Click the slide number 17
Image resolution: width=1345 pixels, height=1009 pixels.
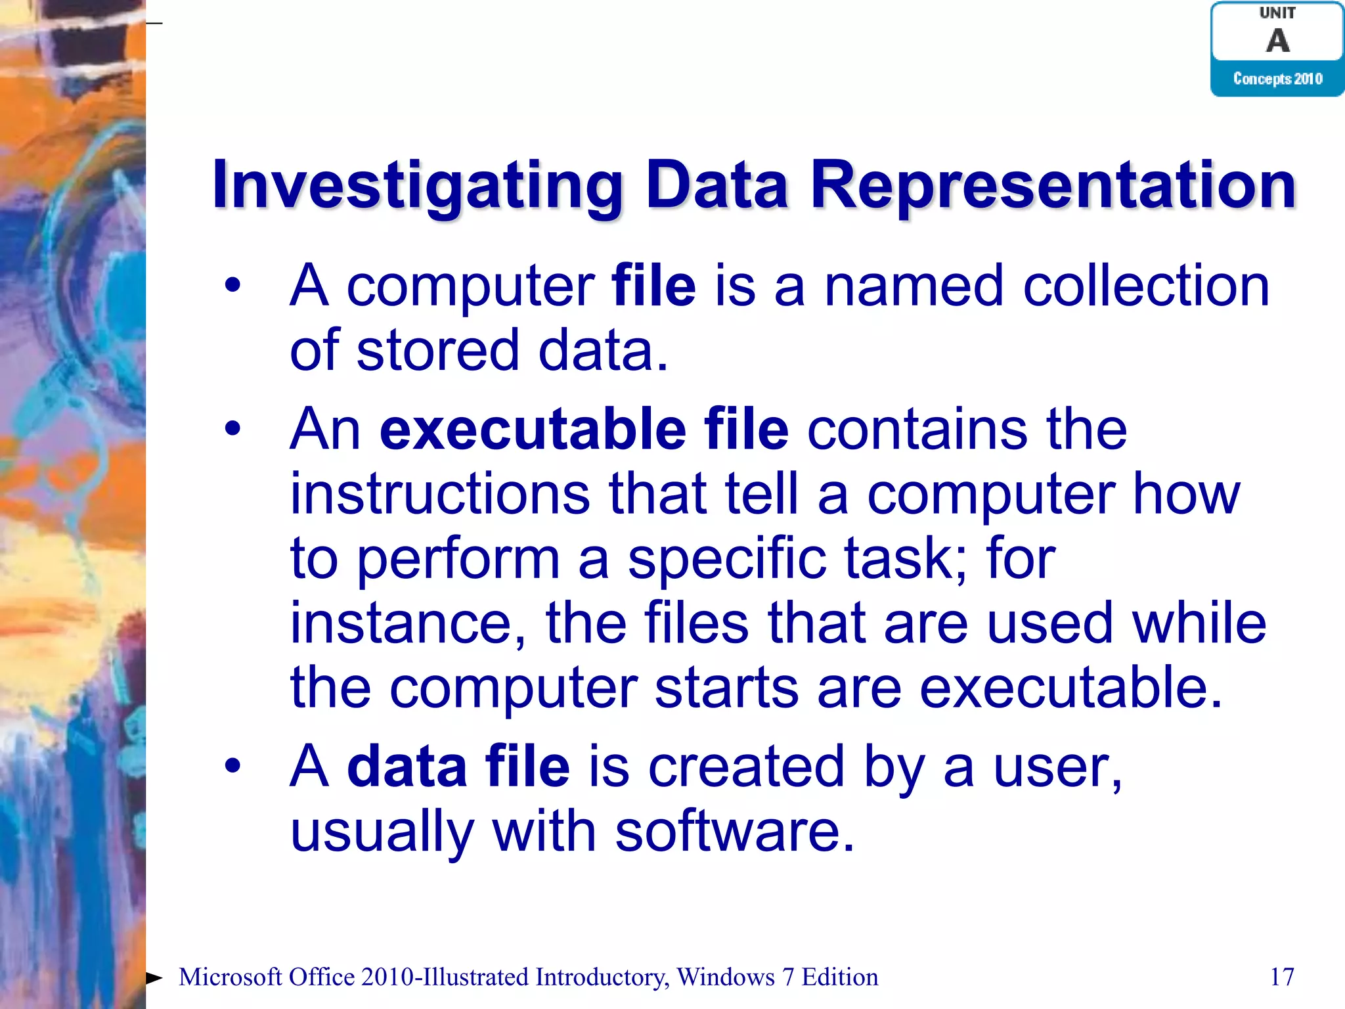point(1282,977)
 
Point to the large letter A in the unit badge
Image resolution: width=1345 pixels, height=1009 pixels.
point(1277,41)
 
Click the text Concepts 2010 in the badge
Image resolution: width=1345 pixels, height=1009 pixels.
point(1277,79)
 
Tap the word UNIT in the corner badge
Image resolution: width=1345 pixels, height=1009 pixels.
point(1277,12)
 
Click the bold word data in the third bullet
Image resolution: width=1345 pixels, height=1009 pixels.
point(407,767)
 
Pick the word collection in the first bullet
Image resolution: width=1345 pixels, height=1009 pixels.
point(1146,286)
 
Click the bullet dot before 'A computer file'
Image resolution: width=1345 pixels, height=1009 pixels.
point(232,286)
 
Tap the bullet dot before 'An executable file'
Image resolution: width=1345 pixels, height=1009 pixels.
point(232,430)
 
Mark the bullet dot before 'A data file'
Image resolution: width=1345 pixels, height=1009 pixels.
point(232,766)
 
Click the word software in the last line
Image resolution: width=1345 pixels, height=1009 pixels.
point(734,831)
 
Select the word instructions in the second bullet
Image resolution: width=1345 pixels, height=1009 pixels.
point(440,494)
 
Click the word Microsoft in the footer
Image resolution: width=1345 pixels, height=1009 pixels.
point(231,977)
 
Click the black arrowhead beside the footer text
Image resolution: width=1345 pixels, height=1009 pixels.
point(154,977)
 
